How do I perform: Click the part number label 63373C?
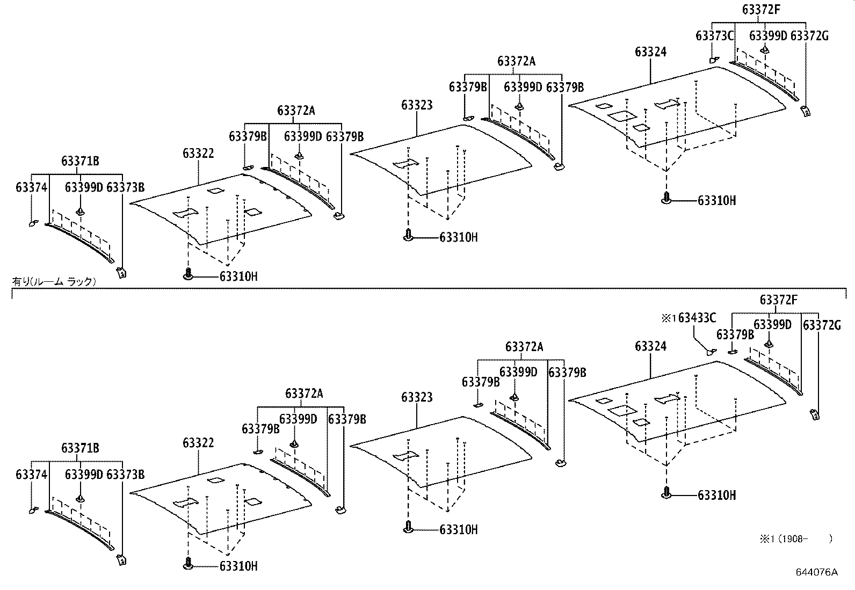714,36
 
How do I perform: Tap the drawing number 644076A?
816,572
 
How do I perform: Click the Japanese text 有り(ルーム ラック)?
54,281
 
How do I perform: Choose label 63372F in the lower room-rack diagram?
779,300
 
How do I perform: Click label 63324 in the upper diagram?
650,52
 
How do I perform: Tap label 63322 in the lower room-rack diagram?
198,443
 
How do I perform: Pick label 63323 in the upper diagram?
417,105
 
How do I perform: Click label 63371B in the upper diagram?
80,161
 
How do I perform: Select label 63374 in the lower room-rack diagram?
32,475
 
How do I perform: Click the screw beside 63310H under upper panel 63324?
666,199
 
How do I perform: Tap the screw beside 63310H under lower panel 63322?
188,564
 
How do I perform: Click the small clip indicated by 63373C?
714,60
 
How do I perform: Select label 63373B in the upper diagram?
126,187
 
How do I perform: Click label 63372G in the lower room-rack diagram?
822,325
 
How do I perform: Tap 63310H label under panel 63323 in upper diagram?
458,237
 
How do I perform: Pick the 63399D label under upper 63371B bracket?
83,187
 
